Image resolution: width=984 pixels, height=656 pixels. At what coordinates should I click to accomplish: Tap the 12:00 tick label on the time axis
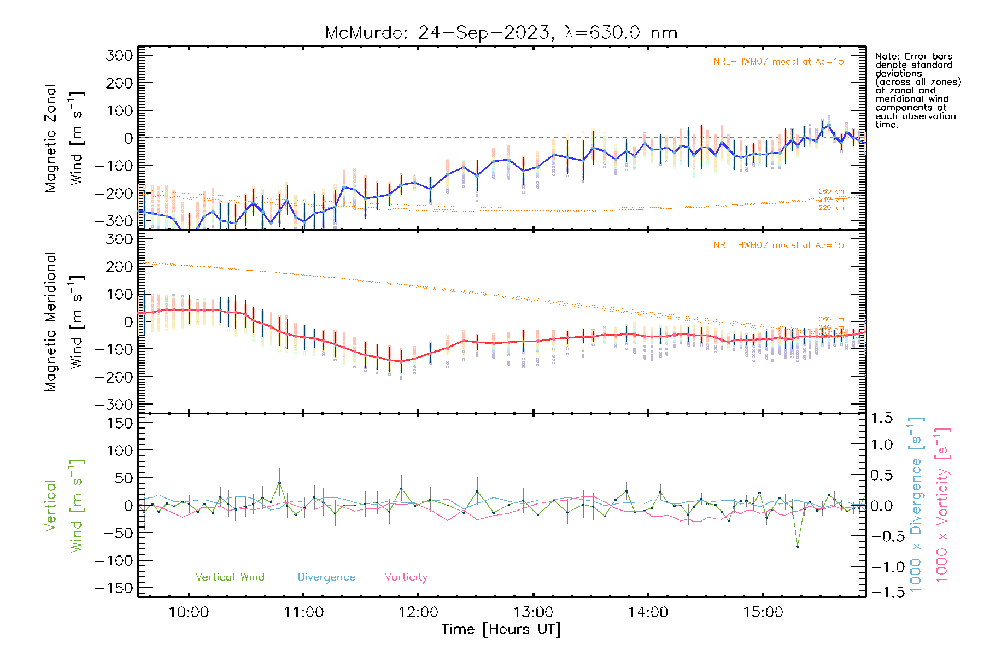[x=418, y=612]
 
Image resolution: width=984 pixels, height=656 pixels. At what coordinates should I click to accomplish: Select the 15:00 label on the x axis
[x=763, y=612]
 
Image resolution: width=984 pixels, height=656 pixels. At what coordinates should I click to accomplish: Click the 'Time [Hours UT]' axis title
[x=501, y=629]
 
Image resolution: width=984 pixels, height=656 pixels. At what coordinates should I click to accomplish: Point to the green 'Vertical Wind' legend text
[x=230, y=577]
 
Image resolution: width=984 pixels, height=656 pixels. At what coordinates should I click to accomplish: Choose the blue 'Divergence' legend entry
[x=326, y=577]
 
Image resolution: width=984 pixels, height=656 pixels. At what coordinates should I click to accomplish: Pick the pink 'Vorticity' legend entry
[x=406, y=577]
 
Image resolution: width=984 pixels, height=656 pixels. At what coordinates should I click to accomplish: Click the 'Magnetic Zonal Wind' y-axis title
[x=65, y=138]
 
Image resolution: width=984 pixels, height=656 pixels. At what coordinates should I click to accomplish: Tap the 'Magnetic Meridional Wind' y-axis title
[x=65, y=321]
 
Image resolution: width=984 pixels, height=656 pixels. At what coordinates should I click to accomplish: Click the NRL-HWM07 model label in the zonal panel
[x=778, y=62]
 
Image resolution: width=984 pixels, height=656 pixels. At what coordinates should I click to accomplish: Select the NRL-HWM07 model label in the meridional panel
[x=778, y=245]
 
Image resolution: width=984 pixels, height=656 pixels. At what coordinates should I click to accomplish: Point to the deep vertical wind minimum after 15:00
[x=798, y=546]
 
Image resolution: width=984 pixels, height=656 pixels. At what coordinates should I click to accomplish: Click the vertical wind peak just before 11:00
[x=279, y=483]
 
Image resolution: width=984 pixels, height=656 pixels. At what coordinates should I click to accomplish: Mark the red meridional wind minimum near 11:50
[x=401, y=361]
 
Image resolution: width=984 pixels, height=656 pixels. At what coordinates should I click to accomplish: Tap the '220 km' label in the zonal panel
[x=831, y=208]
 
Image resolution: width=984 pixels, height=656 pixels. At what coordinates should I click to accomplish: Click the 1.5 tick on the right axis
[x=882, y=418]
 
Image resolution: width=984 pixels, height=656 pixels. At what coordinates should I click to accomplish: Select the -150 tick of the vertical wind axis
[x=114, y=588]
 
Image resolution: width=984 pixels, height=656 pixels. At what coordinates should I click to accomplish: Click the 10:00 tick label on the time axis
[x=189, y=612]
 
